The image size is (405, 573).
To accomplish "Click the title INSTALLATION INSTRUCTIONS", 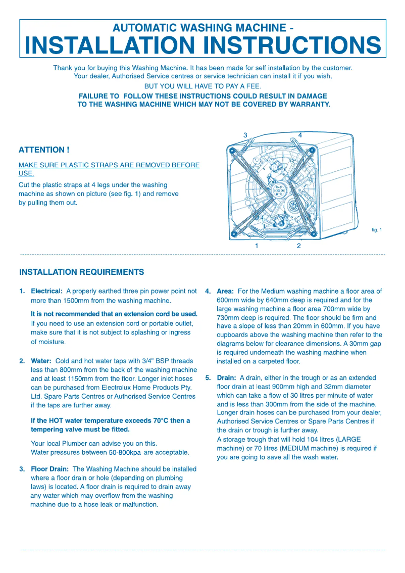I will [202, 45].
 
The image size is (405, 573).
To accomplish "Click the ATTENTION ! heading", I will [44, 150].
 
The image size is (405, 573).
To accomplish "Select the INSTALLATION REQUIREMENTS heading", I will [81, 272].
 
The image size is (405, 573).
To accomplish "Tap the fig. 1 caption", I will [377, 230].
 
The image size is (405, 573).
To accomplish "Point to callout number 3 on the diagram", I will [245, 135].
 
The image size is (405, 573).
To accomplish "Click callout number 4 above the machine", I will [300, 135].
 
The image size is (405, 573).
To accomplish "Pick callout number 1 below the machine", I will [257, 246].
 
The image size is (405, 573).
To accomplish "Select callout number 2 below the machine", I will [299, 246].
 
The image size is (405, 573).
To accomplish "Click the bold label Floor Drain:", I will [50, 469].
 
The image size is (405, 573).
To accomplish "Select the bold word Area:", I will [225, 292].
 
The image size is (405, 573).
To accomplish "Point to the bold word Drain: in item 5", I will [226, 378].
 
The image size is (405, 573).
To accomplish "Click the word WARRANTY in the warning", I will [305, 105].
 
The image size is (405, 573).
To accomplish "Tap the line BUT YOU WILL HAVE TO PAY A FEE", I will [202, 86].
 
